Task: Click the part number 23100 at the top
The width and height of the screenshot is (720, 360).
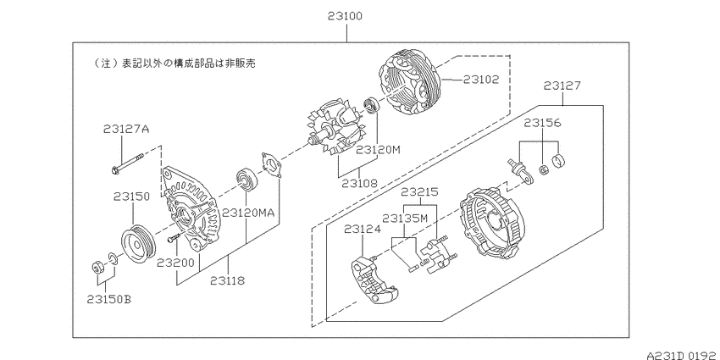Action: click(345, 16)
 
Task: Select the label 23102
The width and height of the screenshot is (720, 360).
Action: click(481, 80)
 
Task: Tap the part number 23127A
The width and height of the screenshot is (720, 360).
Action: click(126, 129)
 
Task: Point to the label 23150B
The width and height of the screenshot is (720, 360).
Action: click(108, 299)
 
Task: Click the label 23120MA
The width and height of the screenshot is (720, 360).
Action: click(248, 213)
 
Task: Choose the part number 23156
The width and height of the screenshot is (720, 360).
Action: click(542, 123)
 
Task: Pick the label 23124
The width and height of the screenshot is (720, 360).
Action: click(363, 230)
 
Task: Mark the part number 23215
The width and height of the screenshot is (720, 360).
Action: click(419, 192)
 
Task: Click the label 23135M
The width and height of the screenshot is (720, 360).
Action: click(405, 218)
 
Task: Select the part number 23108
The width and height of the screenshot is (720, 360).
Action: click(359, 183)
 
